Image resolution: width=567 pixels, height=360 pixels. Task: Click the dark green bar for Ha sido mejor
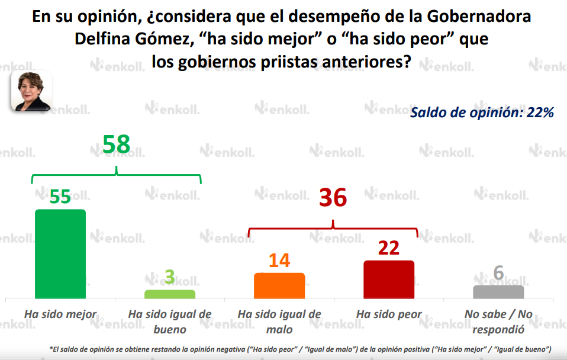pyautogui.click(x=60, y=253)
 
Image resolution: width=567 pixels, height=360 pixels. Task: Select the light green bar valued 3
pyautogui.click(x=169, y=294)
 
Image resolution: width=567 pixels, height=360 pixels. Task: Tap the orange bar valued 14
pyautogui.click(x=279, y=285)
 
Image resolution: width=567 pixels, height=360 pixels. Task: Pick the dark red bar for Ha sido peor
pyautogui.click(x=388, y=279)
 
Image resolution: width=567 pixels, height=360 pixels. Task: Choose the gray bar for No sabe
pyautogui.click(x=498, y=292)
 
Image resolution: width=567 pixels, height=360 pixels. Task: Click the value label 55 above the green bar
pyautogui.click(x=60, y=197)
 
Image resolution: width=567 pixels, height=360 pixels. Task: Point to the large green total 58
pyautogui.click(x=116, y=144)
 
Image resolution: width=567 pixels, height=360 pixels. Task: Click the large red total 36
pyautogui.click(x=333, y=198)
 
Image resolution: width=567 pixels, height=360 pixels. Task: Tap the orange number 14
pyautogui.click(x=279, y=261)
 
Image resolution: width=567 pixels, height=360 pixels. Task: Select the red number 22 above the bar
pyautogui.click(x=389, y=248)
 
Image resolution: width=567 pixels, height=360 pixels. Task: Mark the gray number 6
pyautogui.click(x=498, y=273)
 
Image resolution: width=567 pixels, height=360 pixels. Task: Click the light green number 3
pyautogui.click(x=170, y=277)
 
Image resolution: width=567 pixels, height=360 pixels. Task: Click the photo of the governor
pyautogui.click(x=31, y=91)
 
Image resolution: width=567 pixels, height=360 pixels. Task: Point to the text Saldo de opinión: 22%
pyautogui.click(x=482, y=112)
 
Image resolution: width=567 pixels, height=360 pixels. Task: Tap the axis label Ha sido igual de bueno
pyautogui.click(x=170, y=321)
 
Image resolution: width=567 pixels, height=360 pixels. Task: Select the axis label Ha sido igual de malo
pyautogui.click(x=279, y=321)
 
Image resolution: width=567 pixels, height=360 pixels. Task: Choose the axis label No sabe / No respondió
pyautogui.click(x=498, y=321)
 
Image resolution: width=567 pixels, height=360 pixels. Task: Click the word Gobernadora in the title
pyautogui.click(x=475, y=17)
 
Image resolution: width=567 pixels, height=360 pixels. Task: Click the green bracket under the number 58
pyautogui.click(x=116, y=175)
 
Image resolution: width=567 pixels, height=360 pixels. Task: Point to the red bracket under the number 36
pyautogui.click(x=333, y=228)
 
